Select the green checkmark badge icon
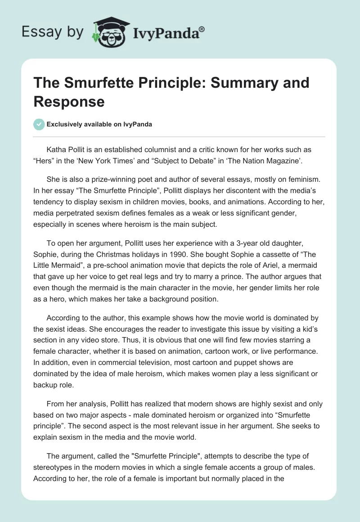40,124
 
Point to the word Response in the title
69,101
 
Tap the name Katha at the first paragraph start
57,149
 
